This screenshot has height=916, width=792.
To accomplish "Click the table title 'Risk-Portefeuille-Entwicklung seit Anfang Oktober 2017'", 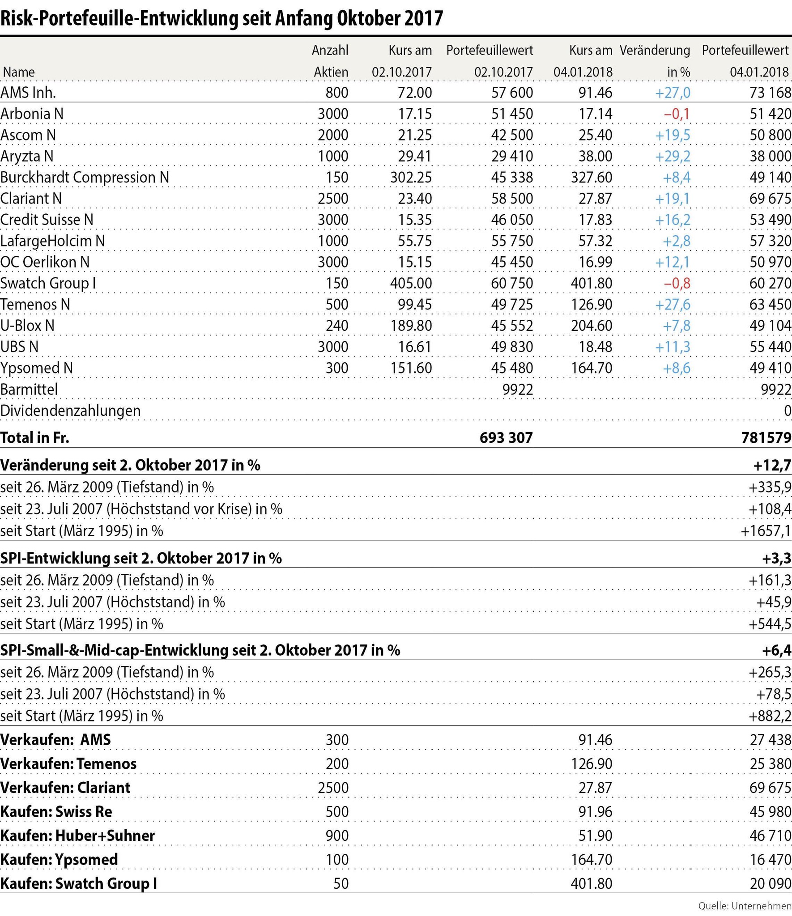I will [221, 18].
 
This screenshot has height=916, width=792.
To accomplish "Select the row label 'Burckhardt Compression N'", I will [85, 178].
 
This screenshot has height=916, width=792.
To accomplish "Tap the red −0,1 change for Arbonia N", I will [677, 114].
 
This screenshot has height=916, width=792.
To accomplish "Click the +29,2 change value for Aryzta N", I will [673, 157].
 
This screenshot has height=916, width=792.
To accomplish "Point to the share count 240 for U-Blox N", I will [337, 326].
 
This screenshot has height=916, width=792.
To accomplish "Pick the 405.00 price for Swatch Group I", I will [410, 284].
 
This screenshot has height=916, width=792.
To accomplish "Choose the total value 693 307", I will [506, 437].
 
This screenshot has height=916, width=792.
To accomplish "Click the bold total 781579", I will [766, 437].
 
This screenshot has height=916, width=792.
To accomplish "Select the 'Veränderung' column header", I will [655, 51].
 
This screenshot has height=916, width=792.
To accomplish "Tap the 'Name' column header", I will [19, 72].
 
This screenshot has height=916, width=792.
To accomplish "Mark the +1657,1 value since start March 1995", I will [766, 531].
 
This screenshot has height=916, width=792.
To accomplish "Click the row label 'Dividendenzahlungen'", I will [70, 411].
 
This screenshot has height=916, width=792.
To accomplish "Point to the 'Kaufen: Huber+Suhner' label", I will [77, 835].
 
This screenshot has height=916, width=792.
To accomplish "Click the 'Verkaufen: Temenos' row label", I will [68, 763].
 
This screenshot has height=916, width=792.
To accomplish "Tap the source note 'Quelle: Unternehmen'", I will [745, 906].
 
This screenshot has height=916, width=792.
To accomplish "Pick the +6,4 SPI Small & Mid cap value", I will [777, 650].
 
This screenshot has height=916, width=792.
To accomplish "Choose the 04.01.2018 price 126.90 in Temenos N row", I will [592, 305].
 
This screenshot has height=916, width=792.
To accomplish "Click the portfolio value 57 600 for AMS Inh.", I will [512, 93].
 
